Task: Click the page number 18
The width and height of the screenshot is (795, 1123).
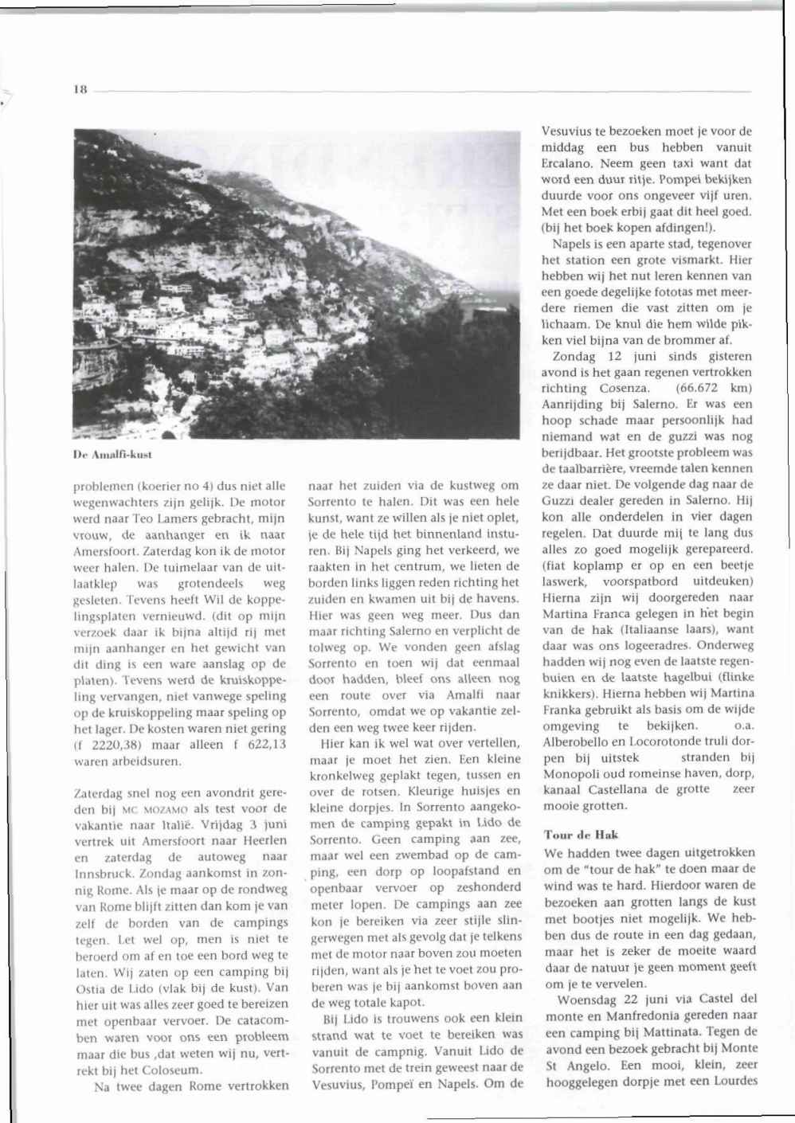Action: (80, 90)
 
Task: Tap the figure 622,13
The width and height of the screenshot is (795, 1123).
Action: (261, 745)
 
